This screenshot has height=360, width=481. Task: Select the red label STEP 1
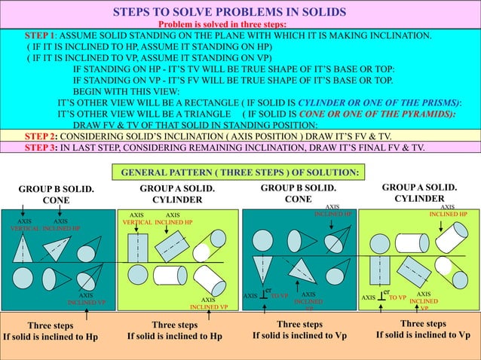click(41, 35)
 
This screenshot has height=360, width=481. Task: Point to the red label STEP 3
click(41, 147)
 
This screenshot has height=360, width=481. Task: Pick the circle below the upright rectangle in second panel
click(138, 276)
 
